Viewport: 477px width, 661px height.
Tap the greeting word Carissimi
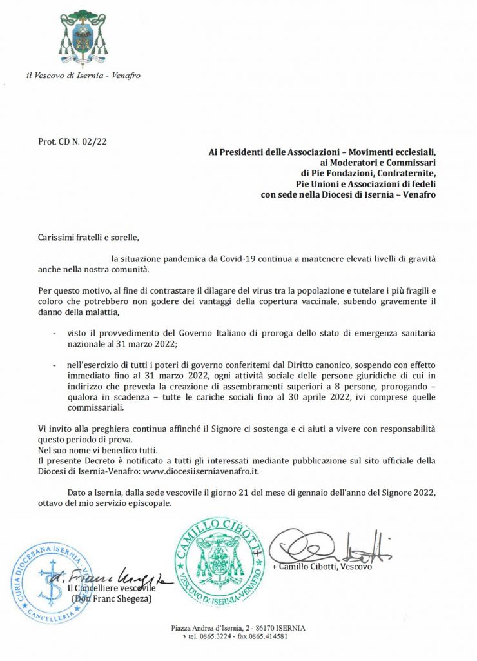click(x=59, y=238)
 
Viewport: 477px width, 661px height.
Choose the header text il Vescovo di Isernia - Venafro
click(x=83, y=76)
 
